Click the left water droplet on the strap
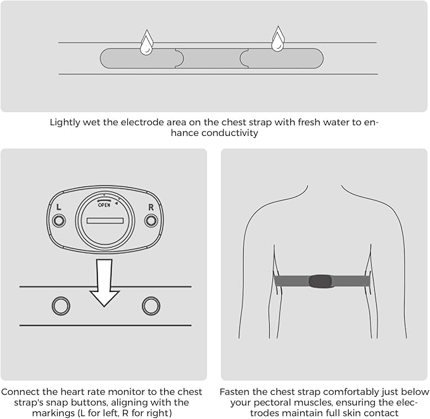click(x=146, y=43)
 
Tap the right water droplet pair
click(x=278, y=39)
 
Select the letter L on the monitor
click(x=59, y=207)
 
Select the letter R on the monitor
click(x=151, y=207)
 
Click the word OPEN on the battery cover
click(x=104, y=205)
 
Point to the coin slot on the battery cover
click(x=105, y=221)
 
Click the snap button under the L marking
click(x=59, y=221)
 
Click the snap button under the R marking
click(x=151, y=221)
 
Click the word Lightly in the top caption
click(x=65, y=123)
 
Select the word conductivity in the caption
click(x=229, y=133)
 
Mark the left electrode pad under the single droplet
click(x=141, y=58)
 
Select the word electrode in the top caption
click(x=142, y=123)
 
